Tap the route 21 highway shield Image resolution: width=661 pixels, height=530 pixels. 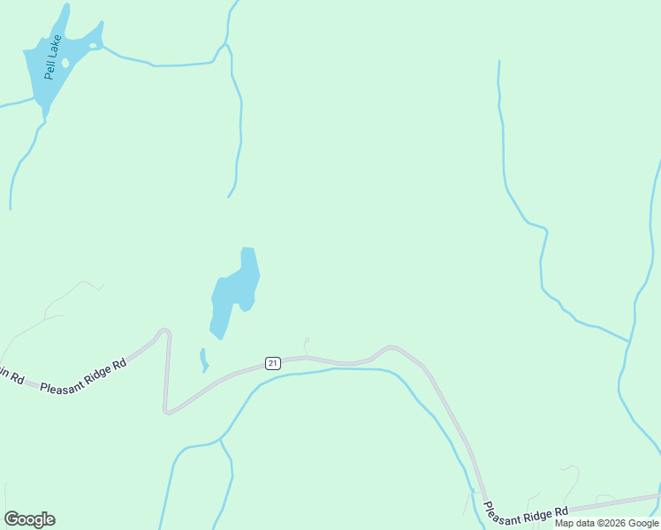pyautogui.click(x=272, y=363)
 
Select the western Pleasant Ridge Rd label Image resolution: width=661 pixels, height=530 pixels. pyautogui.click(x=83, y=376)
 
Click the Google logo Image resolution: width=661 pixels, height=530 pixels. pyautogui.click(x=29, y=519)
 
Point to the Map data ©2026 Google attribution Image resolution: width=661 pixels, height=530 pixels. pyautogui.click(x=606, y=523)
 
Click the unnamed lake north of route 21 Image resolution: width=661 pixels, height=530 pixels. pyautogui.click(x=236, y=286)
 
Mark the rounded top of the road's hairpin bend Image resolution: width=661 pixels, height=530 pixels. pyautogui.click(x=163, y=333)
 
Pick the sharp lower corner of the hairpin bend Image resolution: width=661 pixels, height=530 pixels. pyautogui.click(x=167, y=410)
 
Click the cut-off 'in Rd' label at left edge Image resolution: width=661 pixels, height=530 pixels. pyautogui.click(x=11, y=375)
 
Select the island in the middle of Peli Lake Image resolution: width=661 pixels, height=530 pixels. pyautogui.click(x=65, y=64)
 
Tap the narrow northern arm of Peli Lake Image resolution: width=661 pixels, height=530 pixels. pyautogui.click(x=63, y=18)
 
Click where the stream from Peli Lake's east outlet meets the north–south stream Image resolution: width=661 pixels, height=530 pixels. pyautogui.click(x=225, y=44)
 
